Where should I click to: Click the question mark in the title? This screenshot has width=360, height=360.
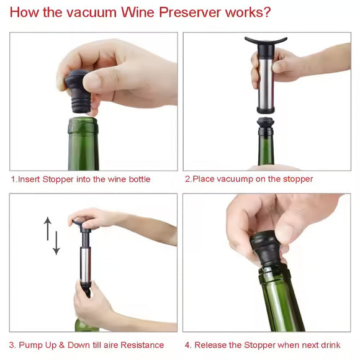pos(267,12)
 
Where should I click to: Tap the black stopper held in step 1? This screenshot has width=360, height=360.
pos(78,91)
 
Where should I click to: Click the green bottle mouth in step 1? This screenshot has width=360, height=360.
pos(83,125)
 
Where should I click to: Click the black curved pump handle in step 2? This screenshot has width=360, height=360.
pos(266,40)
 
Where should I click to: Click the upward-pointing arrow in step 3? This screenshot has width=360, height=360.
pos(48,228)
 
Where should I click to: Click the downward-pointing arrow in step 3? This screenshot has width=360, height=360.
pos(56,243)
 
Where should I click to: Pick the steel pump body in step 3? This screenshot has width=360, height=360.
pos(86,264)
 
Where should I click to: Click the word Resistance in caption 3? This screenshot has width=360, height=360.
pos(142,345)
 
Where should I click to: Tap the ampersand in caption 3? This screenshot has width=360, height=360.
pos(62,345)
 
